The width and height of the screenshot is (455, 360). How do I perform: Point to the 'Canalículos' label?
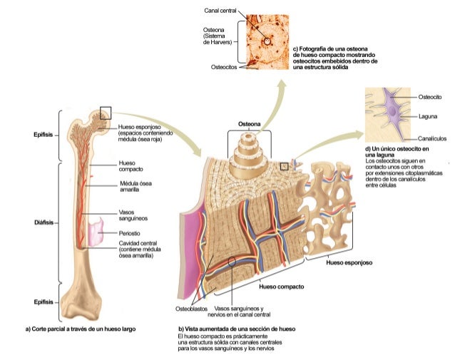(432, 138)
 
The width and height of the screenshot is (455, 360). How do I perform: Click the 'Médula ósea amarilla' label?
(136, 187)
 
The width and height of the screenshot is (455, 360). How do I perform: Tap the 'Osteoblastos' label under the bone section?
(191, 309)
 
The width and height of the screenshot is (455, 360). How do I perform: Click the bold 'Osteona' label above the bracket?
(249, 123)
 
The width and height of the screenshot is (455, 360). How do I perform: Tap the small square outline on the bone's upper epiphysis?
(106, 112)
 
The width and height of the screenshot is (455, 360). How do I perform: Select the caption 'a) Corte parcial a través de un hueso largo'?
(80, 329)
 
